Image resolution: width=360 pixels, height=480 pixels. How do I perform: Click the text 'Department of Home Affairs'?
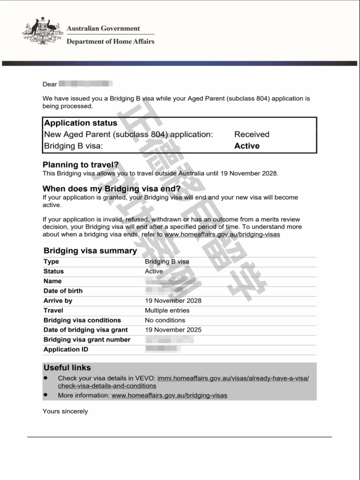(110, 41)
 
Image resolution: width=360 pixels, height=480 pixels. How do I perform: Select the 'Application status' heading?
(81, 123)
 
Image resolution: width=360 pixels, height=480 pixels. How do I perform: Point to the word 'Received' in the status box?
(252, 135)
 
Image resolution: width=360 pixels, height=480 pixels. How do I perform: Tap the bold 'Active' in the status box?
(247, 146)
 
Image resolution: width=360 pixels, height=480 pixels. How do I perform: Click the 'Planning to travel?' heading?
(81, 165)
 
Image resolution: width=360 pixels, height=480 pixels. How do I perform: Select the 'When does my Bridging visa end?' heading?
(112, 189)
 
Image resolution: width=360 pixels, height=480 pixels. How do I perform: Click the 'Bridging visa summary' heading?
(90, 251)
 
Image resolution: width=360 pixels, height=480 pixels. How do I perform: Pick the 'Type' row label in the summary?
(51, 262)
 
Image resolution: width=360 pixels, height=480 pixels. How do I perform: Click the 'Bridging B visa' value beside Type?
(167, 262)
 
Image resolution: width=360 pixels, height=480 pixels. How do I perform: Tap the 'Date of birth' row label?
(63, 291)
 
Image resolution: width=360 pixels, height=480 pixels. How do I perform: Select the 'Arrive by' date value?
(173, 300)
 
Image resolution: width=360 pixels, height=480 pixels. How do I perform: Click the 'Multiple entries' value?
(167, 310)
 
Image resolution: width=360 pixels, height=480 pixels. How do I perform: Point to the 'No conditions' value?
(165, 320)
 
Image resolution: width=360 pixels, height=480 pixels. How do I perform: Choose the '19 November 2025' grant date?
(173, 330)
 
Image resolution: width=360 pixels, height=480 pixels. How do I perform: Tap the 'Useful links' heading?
(67, 368)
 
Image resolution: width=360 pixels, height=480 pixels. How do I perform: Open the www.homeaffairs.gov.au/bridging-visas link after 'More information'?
(169, 396)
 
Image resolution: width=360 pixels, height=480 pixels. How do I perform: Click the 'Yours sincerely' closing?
(65, 412)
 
